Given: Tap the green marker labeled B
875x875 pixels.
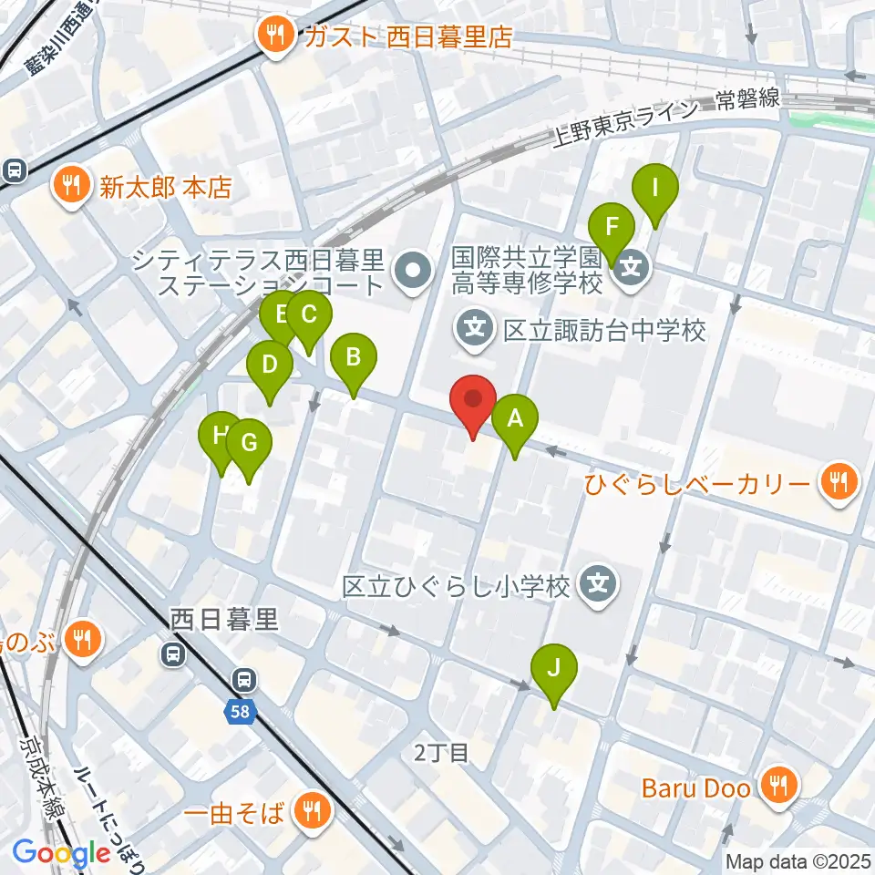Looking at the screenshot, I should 353,357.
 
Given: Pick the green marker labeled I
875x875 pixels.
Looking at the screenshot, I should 655,189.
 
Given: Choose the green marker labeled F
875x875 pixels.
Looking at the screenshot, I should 612,227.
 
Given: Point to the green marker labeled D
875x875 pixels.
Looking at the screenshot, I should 270,365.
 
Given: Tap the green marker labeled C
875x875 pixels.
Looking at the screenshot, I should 308,315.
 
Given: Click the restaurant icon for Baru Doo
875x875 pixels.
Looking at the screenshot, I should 780,785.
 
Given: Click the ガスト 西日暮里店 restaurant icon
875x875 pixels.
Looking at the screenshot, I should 274,37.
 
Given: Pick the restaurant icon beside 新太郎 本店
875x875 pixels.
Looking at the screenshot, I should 69,188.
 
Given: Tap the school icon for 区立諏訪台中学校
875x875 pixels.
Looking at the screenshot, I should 477,330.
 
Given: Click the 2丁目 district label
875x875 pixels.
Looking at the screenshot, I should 441,752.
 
